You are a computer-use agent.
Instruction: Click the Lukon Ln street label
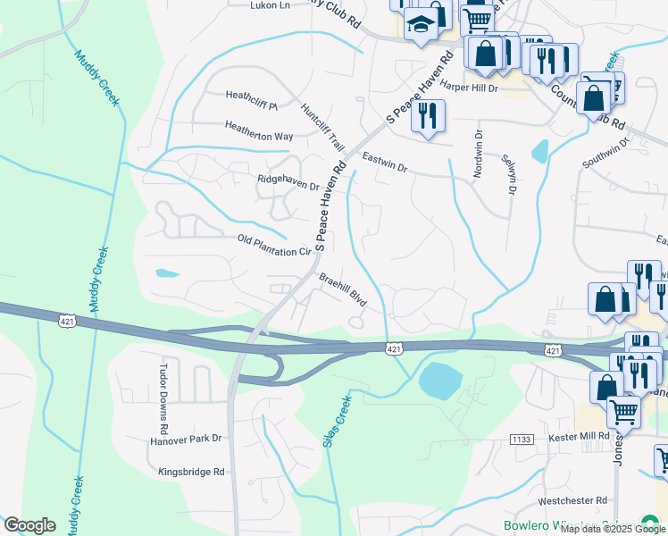coord(271,5)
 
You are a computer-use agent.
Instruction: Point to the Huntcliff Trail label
coord(322,127)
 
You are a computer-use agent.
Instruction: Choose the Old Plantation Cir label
coord(273,246)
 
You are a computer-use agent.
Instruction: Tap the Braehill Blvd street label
coord(344,289)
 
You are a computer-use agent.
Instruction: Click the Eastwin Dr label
coord(384,162)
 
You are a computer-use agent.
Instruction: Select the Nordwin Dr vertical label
coord(479,154)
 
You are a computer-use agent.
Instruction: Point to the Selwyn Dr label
coord(511,176)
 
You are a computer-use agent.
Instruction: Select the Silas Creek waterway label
coord(332,421)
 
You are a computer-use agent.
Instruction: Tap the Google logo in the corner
coord(29,525)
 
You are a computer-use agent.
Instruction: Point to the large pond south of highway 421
coord(438,381)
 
